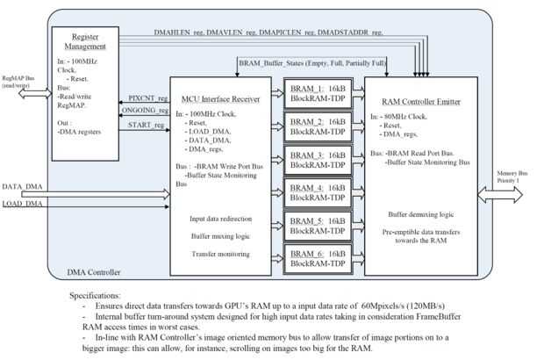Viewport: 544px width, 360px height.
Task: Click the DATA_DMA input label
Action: (24, 188)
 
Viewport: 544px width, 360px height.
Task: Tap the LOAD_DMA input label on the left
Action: (24, 205)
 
